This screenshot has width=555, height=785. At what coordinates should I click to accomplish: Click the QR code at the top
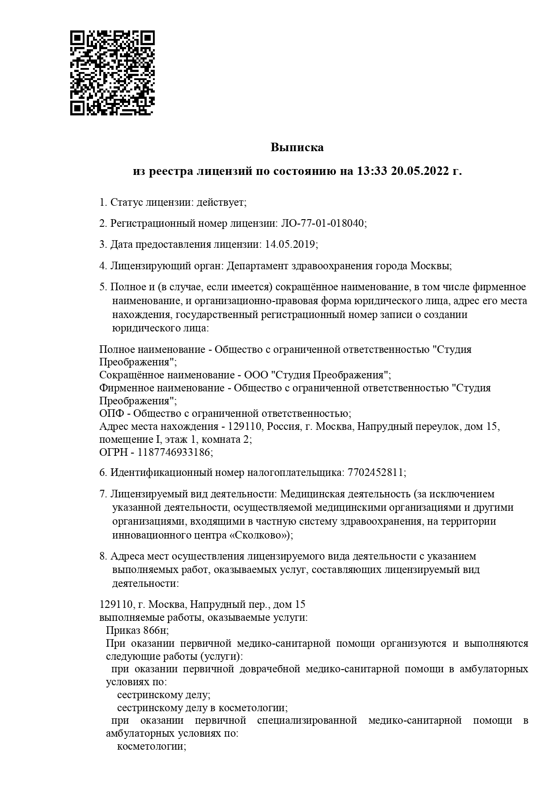coord(112,73)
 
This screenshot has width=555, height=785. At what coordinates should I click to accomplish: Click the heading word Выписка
coord(297,147)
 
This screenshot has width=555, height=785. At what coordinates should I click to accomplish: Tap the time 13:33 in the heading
coord(372,171)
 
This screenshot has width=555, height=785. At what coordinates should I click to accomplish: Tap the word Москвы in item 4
coord(430,266)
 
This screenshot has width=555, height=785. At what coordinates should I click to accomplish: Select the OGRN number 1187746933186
coord(174,452)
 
